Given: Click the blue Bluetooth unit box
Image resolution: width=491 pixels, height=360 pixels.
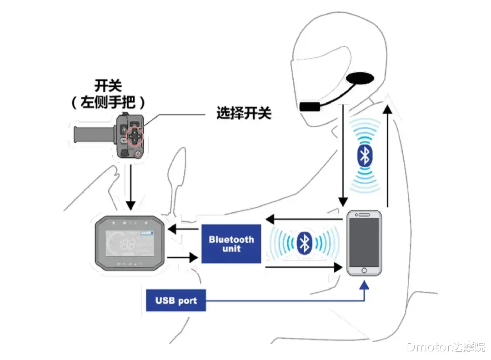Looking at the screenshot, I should tap(231, 244).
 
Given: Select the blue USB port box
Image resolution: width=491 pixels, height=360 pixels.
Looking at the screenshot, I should tap(175, 300).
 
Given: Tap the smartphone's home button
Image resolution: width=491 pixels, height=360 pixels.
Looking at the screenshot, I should tap(363, 270).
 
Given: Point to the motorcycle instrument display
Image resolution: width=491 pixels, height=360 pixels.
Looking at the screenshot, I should tap(129, 243).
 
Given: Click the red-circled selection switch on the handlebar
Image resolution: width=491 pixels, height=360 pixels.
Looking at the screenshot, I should tap(134, 135).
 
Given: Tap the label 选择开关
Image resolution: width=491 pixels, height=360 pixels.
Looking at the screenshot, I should tap(244, 113).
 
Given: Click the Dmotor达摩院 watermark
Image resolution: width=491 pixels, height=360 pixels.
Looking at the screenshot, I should tap(445, 348).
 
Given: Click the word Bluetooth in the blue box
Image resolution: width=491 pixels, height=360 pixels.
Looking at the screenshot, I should tap(231, 239).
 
